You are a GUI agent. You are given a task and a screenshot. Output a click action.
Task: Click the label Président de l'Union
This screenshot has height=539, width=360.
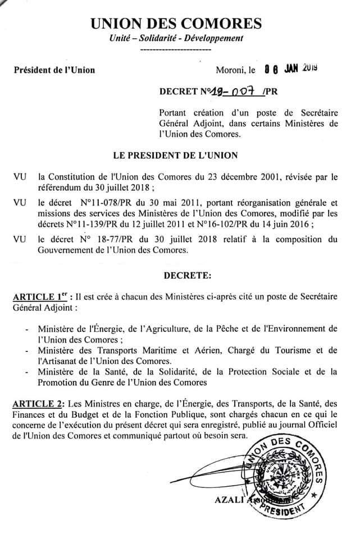coord(54,70)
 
